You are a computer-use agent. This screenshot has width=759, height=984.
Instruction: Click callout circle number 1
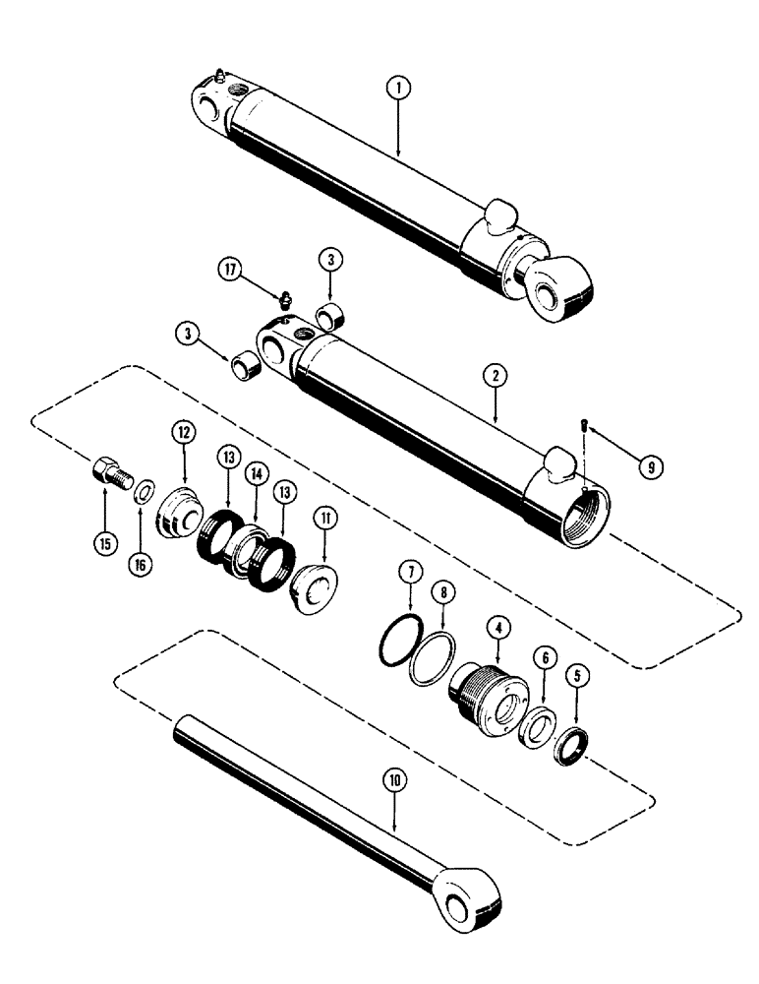click(x=398, y=88)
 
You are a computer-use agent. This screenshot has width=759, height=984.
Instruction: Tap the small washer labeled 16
click(x=144, y=489)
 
